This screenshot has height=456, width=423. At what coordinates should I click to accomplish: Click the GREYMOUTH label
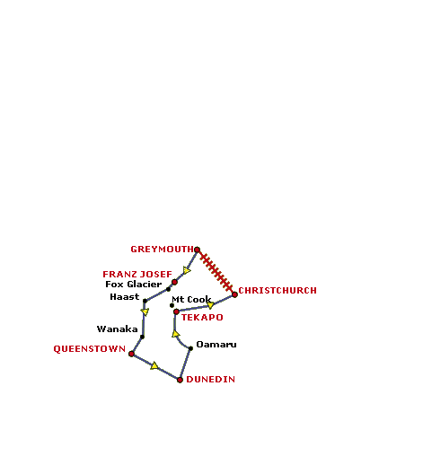pyautogui.click(x=162, y=250)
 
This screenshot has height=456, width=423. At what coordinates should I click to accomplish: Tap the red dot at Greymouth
pyautogui.click(x=197, y=250)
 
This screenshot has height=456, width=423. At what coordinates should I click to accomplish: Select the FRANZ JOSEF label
pyautogui.click(x=137, y=274)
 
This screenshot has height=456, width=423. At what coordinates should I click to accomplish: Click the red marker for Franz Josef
pyautogui.click(x=174, y=282)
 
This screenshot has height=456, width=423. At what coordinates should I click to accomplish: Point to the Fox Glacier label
pyautogui.click(x=134, y=284)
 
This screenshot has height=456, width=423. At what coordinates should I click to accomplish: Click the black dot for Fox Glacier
pyautogui.click(x=168, y=289)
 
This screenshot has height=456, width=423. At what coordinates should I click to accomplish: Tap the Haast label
pyautogui.click(x=125, y=297)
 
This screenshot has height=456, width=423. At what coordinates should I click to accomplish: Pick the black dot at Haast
pyautogui.click(x=145, y=301)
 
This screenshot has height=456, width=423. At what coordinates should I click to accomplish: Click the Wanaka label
pyautogui.click(x=117, y=329)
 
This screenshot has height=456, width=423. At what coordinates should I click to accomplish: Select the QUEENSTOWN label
pyautogui.click(x=89, y=349)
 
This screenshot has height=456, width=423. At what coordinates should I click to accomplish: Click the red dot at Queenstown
pyautogui.click(x=131, y=354)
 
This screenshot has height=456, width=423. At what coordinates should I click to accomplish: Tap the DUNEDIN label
pyautogui.click(x=210, y=380)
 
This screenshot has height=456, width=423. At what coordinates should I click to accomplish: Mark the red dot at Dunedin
pyautogui.click(x=180, y=380)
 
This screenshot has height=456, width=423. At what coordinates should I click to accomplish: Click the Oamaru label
pyautogui.click(x=216, y=345)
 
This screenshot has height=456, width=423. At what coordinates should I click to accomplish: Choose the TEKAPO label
pyautogui.click(x=202, y=318)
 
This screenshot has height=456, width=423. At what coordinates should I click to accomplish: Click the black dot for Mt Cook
pyautogui.click(x=172, y=305)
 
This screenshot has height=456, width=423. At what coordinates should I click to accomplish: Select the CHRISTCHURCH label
pyautogui.click(x=278, y=291)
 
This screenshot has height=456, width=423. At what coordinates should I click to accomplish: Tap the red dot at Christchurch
pyautogui.click(x=234, y=294)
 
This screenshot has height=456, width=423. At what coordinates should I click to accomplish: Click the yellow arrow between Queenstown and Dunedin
pyautogui.click(x=154, y=365)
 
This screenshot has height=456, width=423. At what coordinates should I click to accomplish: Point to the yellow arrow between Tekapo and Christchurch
pyautogui.click(x=210, y=305)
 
